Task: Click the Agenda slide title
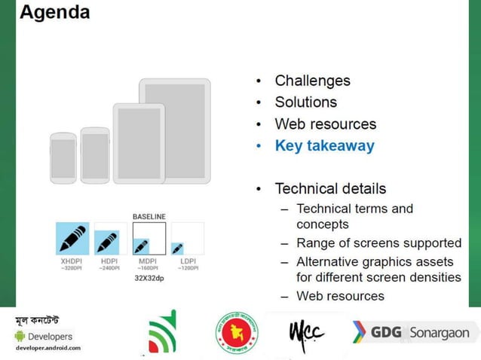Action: [x=54, y=12]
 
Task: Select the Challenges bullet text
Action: [x=312, y=81]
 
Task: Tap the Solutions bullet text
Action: [x=305, y=102]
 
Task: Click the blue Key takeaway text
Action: [x=324, y=146]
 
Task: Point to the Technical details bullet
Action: [x=330, y=189]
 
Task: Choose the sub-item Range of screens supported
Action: [x=378, y=243]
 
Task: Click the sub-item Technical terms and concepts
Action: [x=354, y=216]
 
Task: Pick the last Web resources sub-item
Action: [x=340, y=296]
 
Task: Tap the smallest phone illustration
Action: [x=63, y=158]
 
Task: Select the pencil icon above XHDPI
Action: [x=72, y=239]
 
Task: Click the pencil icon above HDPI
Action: [x=106, y=242]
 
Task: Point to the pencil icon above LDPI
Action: [x=177, y=248]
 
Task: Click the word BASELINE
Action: [x=149, y=217]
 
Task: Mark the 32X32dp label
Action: [x=149, y=278]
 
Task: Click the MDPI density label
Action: [x=149, y=261]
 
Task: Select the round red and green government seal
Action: [x=237, y=332]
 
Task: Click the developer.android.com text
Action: [x=47, y=348]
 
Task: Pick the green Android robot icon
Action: [x=20, y=336]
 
